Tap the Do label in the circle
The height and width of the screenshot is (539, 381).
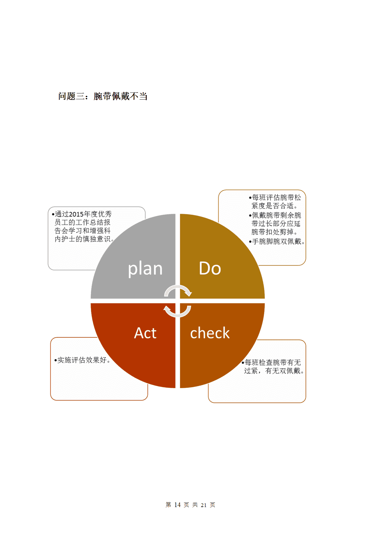click(210, 268)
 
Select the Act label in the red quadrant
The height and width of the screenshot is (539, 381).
click(145, 333)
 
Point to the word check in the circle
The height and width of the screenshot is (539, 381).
click(210, 333)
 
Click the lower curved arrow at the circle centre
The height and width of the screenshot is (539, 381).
click(177, 311)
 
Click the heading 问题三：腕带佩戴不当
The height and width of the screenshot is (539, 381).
click(103, 96)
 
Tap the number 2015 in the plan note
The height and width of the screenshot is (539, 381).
click(76, 214)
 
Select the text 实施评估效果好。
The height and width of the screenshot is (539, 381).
click(84, 360)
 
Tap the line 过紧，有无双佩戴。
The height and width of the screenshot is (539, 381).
click(274, 371)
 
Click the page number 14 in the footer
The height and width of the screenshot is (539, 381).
click(177, 505)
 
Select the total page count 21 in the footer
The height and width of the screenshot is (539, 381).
click(204, 505)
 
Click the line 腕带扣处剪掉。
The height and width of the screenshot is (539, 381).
click(274, 232)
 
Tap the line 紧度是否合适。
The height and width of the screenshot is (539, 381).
click(274, 206)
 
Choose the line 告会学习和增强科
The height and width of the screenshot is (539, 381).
click(83, 230)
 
